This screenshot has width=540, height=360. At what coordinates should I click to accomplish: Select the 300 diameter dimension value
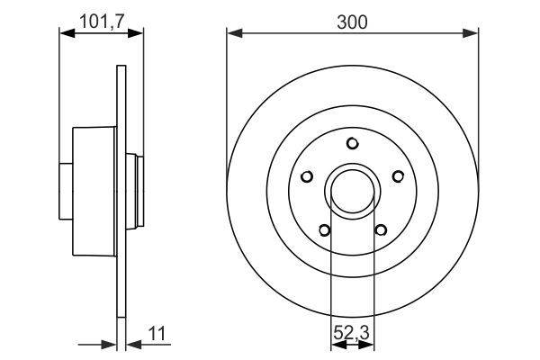pyautogui.click(x=352, y=21)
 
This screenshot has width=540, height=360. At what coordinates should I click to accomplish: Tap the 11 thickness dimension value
pyautogui.click(x=157, y=335)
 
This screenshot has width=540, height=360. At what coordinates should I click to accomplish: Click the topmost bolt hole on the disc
pyautogui.click(x=352, y=143)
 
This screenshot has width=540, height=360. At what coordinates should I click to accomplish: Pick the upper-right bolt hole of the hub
pyautogui.click(x=396, y=176)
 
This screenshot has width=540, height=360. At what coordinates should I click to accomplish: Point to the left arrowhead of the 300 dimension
pyautogui.click(x=232, y=34)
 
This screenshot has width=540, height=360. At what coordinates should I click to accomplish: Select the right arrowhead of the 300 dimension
pyautogui.click(x=472, y=34)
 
